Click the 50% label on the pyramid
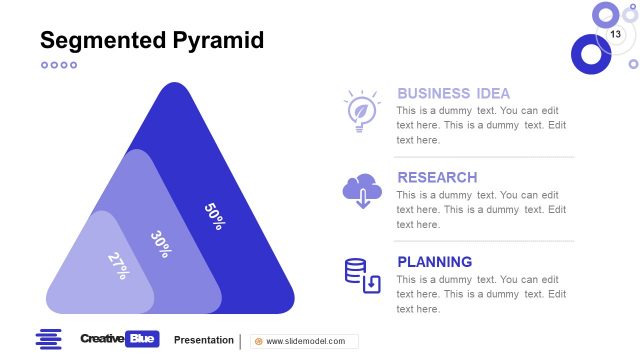pos(214,216)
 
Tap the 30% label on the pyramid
pos(161,244)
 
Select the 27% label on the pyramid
pos(118,264)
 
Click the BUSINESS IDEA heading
pos(453,93)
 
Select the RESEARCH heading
pos(437,177)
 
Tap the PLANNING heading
pos(434,262)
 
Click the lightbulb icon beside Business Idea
pos(360,111)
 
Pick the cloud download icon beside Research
pos(361,191)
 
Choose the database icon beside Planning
pos(362,275)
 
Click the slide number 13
pos(615,35)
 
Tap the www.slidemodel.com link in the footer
pos(304,341)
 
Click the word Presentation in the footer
pos(203,340)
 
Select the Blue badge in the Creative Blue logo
pos(143,340)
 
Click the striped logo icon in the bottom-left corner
pos(48,340)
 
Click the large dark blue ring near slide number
pos(590,53)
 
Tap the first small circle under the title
pos(44,65)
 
